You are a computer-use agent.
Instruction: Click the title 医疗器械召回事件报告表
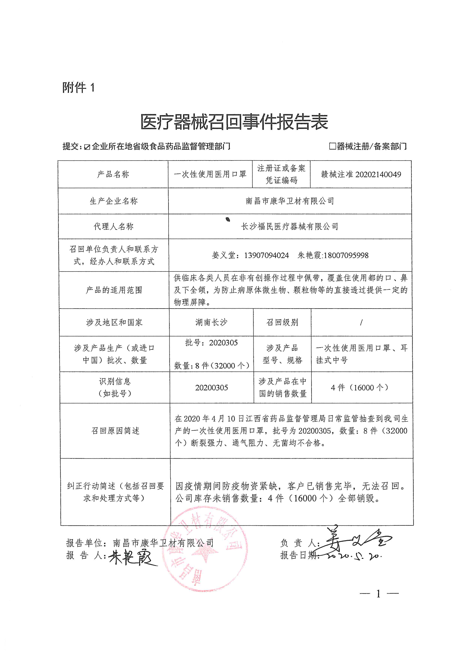[234, 122]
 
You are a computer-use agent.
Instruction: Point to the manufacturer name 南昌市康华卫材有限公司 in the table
[290, 201]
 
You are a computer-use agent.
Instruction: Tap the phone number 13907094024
[266, 255]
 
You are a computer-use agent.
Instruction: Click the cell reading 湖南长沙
[211, 322]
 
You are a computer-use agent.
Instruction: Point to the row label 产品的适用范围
[114, 290]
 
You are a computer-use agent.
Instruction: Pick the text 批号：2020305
[211, 343]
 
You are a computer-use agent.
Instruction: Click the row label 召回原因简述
[115, 431]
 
